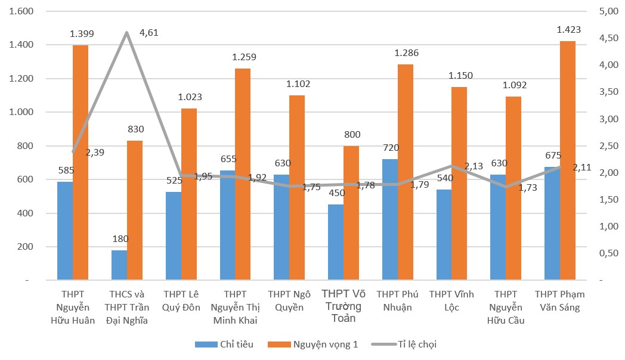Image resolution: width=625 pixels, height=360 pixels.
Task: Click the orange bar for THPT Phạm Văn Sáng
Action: (x=568, y=160)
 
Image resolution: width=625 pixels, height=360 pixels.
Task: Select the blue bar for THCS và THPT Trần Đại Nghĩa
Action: (x=119, y=265)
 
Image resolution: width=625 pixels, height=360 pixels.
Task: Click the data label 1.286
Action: (x=407, y=53)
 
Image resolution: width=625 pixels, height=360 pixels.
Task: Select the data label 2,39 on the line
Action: (x=95, y=153)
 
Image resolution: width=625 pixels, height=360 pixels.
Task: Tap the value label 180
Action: (x=119, y=238)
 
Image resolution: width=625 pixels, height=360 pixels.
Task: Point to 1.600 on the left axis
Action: (x=21, y=11)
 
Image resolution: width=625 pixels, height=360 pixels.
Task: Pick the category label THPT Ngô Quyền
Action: (x=289, y=301)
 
